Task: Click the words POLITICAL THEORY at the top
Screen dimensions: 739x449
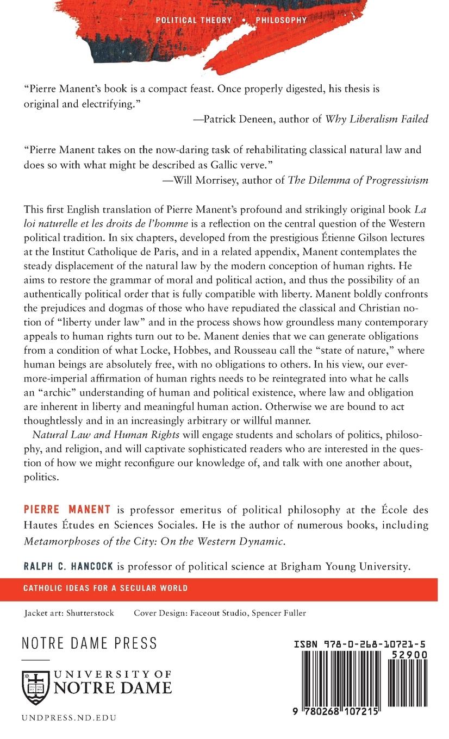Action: coord(194,20)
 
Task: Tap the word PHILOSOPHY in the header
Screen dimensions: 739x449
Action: coord(278,20)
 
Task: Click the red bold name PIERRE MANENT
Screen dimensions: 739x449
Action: coord(67,510)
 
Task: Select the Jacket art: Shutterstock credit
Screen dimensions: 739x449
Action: coord(69,613)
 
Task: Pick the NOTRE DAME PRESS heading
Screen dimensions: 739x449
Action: coord(89,643)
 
